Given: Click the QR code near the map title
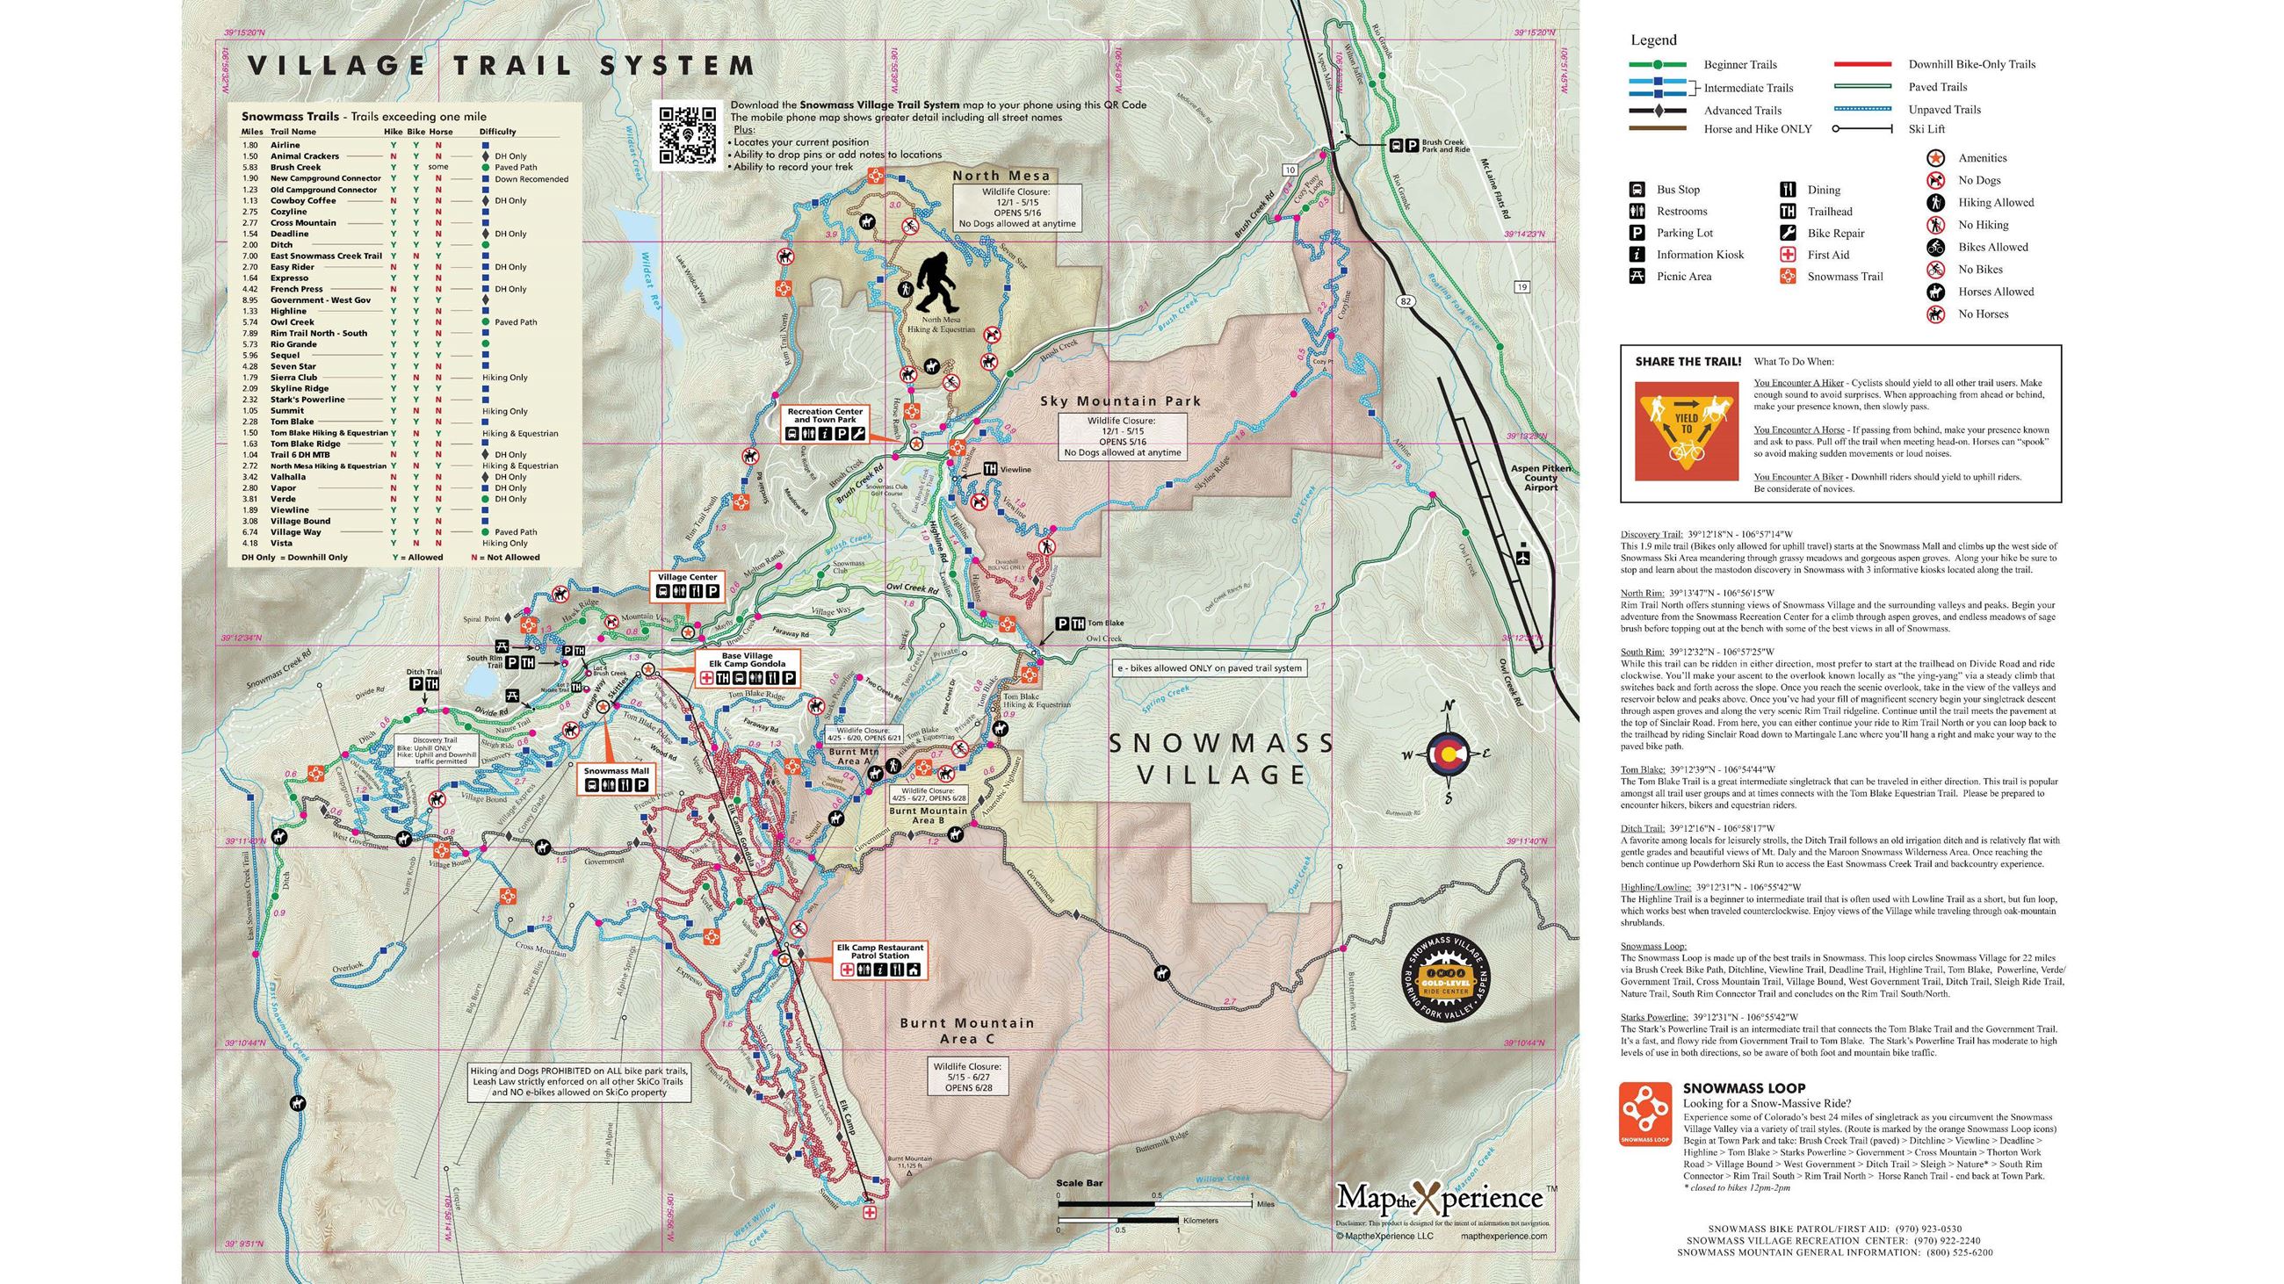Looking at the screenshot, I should coord(686,134).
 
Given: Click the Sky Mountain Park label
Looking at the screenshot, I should coord(1120,400).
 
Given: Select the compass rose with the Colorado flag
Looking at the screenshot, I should coord(1449,754).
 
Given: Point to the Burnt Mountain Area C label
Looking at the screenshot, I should coord(966,1029).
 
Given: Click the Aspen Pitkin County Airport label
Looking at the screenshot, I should coord(1540,478).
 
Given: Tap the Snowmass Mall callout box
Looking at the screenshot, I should coord(616,778).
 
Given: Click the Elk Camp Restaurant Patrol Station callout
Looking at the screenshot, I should coord(879,961).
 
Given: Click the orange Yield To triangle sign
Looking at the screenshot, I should coord(1686,430).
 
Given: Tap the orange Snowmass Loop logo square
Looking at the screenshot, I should coord(1644,1113).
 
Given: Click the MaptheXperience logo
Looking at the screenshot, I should coord(1440,1198).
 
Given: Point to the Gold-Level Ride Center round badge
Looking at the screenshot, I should coord(1446,975).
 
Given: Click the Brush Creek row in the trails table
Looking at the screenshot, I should coord(295,167).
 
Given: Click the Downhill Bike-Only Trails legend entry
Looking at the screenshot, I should coord(1971,64).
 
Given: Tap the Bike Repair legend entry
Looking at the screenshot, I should coord(1835,233).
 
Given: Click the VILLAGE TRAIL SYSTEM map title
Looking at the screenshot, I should coord(500,66).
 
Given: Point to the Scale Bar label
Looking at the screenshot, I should coord(1079,1183).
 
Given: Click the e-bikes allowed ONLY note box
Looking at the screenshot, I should coord(1210,668).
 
